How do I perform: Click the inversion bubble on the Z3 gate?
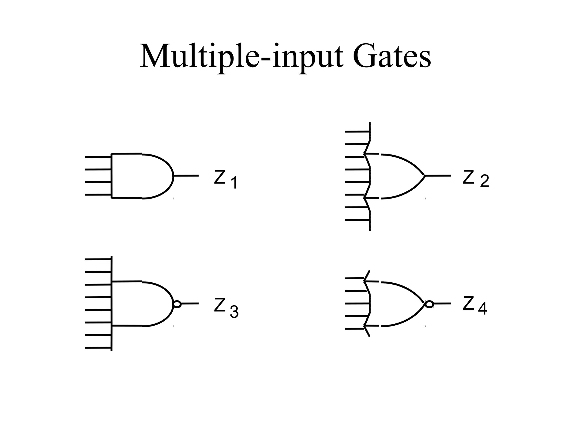pyautogui.click(x=177, y=304)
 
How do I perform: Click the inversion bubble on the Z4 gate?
pyautogui.click(x=429, y=304)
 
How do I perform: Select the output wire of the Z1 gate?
pyautogui.click(x=186, y=176)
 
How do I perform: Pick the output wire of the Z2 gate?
pyautogui.click(x=438, y=176)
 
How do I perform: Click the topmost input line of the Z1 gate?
pyautogui.click(x=98, y=157)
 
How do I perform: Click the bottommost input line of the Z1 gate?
pyautogui.click(x=98, y=195)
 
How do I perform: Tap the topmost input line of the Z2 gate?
pyautogui.click(x=357, y=132)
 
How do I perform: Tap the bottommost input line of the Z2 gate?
pyautogui.click(x=357, y=220)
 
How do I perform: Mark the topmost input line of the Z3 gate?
pyautogui.click(x=98, y=259)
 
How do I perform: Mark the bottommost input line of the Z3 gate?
pyautogui.click(x=98, y=348)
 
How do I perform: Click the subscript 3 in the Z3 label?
pyautogui.click(x=234, y=312)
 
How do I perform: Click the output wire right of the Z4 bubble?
pyautogui.click(x=442, y=304)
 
